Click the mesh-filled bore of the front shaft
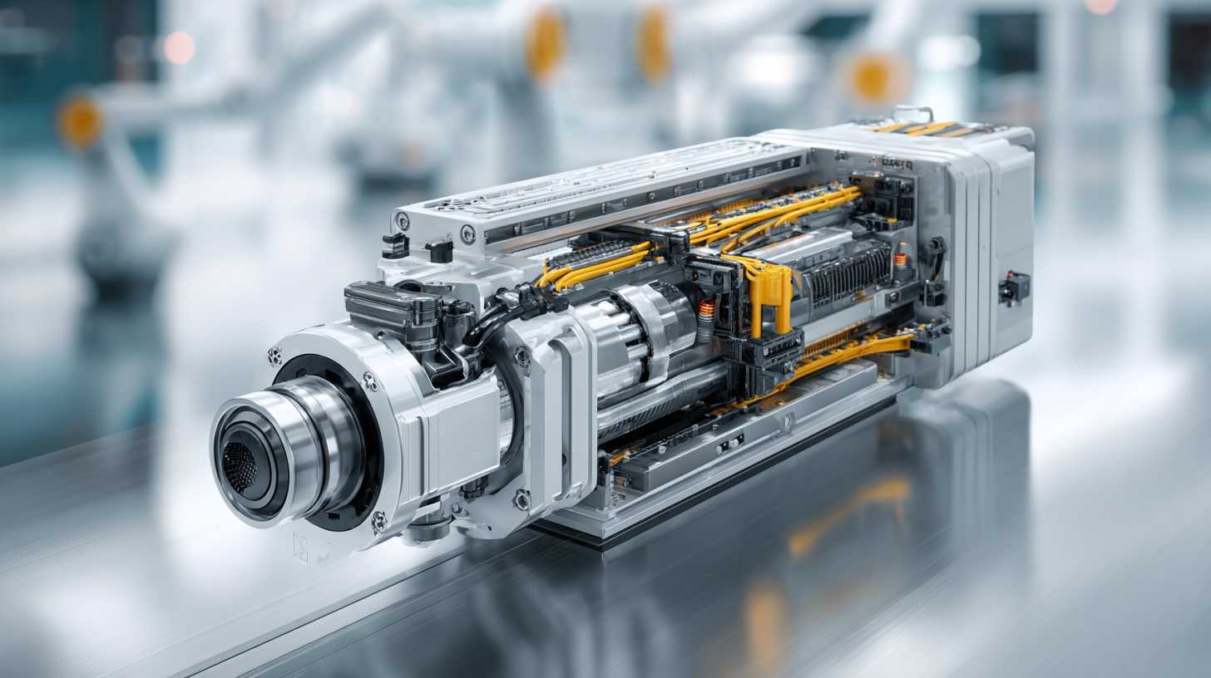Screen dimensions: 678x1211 [x=240, y=466]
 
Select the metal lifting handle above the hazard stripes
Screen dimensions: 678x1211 [x=912, y=111]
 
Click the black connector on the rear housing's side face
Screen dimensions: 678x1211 [x=1014, y=287]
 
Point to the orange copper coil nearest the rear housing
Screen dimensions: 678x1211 [x=900, y=259]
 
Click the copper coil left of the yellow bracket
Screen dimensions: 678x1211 [x=706, y=310]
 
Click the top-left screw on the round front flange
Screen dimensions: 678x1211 [x=274, y=356]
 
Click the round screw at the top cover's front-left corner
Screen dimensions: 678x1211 [x=403, y=221]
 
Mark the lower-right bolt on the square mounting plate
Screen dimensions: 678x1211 [x=521, y=499]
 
